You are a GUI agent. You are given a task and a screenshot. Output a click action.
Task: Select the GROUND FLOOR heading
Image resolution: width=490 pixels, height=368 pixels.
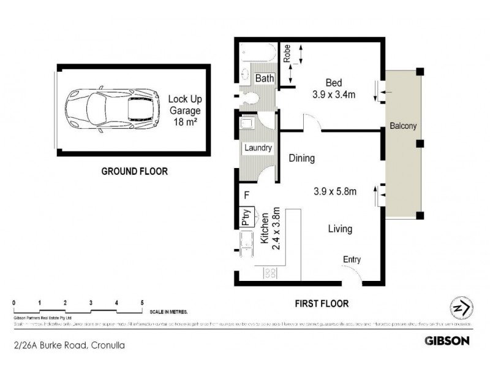tap(134, 172)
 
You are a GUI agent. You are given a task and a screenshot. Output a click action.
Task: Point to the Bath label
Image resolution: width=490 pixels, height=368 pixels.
tap(264, 79)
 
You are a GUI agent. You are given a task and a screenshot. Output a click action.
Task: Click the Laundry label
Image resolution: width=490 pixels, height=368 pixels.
tap(258, 148)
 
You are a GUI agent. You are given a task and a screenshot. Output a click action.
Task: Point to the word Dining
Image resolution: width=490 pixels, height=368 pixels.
tap(301, 158)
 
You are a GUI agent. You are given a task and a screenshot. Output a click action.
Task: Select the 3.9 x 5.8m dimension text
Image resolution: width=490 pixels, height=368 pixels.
tap(334, 191)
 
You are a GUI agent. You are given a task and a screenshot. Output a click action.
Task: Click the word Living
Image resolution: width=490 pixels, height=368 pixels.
tap(340, 229)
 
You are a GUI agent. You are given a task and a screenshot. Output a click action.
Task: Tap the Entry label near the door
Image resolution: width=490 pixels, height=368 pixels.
tap(352, 259)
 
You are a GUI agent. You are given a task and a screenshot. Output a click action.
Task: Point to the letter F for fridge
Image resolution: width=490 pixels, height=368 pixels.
tap(246, 196)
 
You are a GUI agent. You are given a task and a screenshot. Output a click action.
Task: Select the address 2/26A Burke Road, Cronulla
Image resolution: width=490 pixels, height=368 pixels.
tap(62, 345)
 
